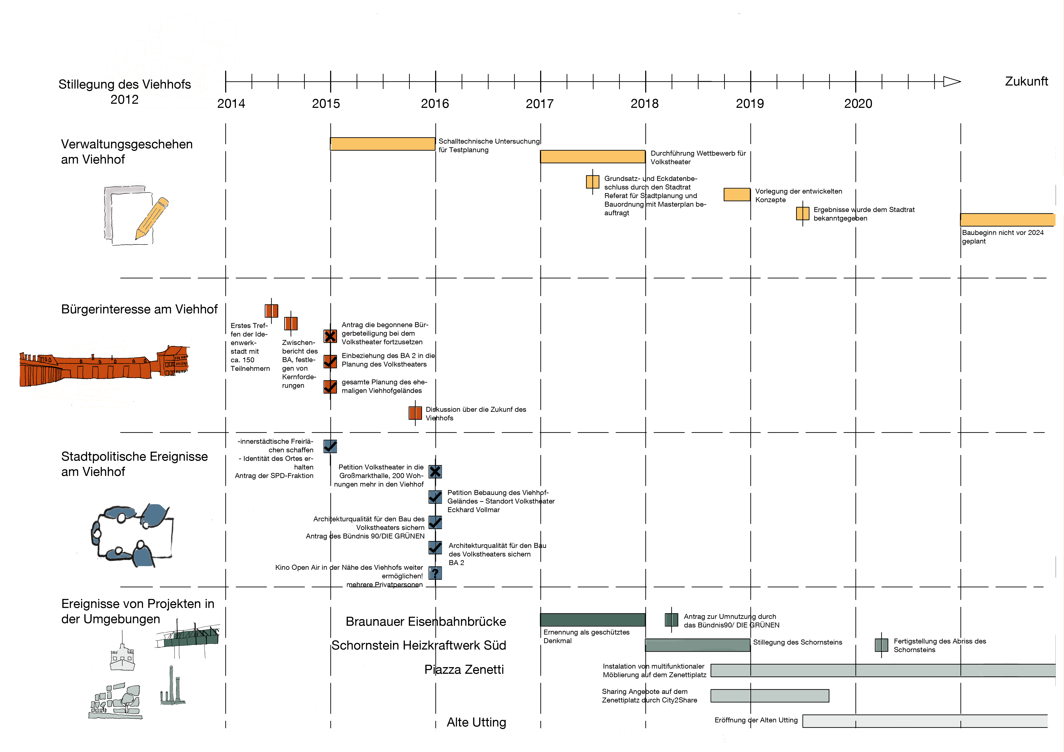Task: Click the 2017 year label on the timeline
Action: (x=540, y=104)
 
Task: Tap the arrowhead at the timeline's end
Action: (x=951, y=81)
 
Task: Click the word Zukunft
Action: (x=1026, y=81)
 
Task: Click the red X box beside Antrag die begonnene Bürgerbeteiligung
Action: (x=330, y=336)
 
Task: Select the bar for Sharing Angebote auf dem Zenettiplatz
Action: (x=769, y=695)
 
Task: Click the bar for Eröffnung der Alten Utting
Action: (x=924, y=721)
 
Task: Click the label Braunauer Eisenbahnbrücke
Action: (x=425, y=621)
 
